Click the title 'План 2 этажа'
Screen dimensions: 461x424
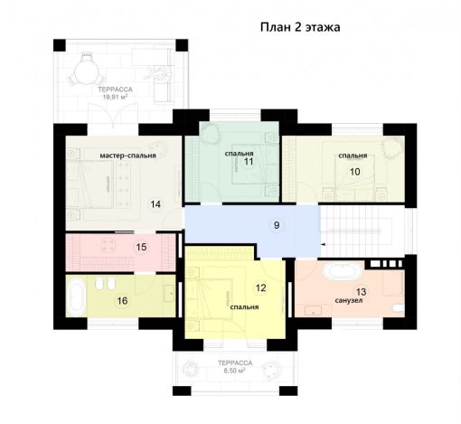300,27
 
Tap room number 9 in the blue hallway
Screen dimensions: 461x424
277,225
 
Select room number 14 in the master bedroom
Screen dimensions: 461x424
155,204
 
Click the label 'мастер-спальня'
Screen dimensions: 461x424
127,155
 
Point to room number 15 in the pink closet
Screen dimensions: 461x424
141,247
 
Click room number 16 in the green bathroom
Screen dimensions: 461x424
122,300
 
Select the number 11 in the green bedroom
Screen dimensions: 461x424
249,162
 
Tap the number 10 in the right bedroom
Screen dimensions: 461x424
355,172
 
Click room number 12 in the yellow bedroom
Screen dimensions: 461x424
261,287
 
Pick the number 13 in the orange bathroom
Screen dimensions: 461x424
361,292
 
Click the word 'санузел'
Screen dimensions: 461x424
349,301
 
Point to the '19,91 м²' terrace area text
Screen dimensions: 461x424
115,97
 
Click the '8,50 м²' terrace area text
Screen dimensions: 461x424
234,371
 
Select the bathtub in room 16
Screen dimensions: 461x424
76,296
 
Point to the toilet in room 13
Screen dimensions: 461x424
399,308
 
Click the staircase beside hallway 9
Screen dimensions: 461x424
362,231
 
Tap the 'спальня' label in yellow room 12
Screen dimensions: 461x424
244,306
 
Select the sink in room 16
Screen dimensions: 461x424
169,293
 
